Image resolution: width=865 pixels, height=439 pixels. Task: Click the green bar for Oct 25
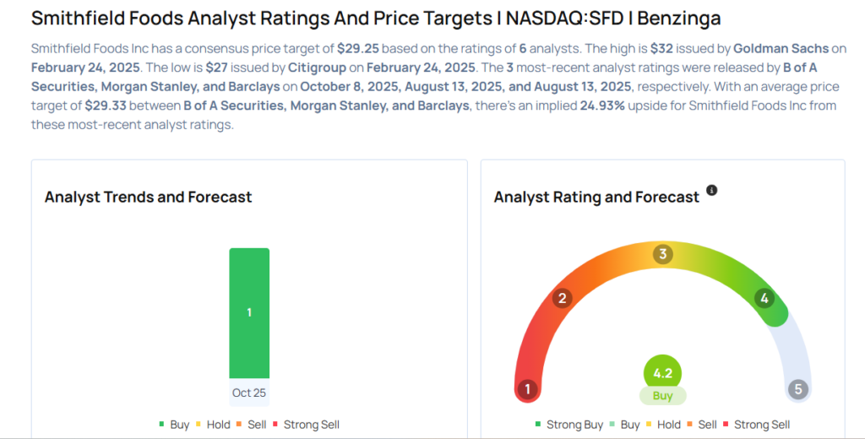(249, 312)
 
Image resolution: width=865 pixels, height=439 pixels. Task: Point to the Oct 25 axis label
(249, 393)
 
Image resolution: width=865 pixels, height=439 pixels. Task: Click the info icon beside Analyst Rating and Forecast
(711, 191)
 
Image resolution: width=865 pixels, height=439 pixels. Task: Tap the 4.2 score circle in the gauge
(662, 373)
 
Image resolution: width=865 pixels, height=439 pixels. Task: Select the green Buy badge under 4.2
(662, 395)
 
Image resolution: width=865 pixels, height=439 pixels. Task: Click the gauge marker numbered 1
(528, 389)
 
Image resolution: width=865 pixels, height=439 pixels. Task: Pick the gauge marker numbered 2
(562, 298)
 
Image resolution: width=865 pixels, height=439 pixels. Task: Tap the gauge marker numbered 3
(663, 254)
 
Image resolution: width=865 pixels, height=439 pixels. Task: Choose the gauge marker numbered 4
(764, 298)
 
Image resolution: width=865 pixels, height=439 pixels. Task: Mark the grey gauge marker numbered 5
(797, 389)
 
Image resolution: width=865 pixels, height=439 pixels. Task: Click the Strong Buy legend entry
(569, 425)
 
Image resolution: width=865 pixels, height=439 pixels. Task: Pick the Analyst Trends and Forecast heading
(148, 197)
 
